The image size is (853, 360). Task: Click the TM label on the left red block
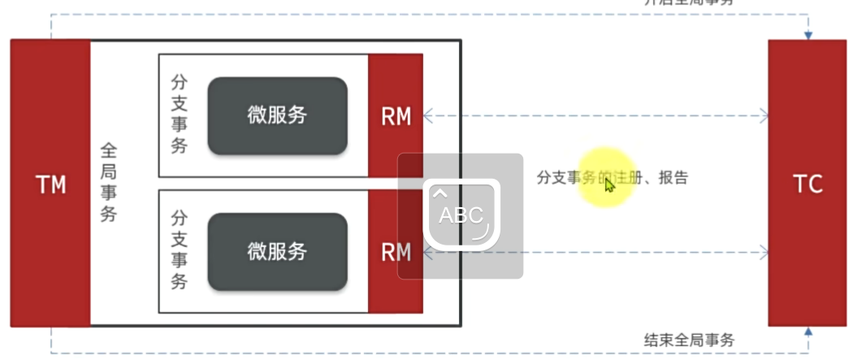coord(50,185)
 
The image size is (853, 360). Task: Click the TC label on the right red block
coord(808,184)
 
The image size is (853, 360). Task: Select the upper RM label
coord(396,117)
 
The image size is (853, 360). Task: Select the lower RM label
coord(396,252)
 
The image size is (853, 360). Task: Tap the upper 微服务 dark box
coord(277,115)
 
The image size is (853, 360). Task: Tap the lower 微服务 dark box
coord(277,251)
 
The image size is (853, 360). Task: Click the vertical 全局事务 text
coord(109,183)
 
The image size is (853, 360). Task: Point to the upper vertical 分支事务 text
coord(180,115)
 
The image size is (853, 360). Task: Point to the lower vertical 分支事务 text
coord(180,250)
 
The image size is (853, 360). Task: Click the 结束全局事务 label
coord(689,339)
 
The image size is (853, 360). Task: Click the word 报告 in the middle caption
coord(673,178)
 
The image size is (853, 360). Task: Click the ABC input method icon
coord(460,215)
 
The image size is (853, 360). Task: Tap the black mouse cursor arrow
coord(609,184)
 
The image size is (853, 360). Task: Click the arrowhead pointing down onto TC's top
coord(808,35)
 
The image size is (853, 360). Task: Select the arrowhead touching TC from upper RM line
coord(763,117)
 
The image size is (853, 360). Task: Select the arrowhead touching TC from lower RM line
coord(763,253)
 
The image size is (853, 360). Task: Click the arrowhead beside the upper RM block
coord(428,117)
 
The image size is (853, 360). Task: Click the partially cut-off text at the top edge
coord(689,3)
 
